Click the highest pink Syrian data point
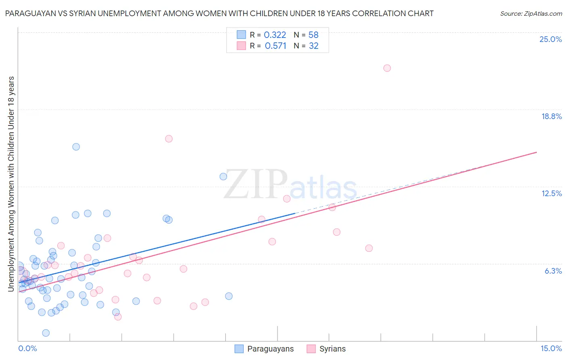click(387, 68)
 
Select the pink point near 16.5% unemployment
click(169, 138)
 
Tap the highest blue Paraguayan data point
click(76, 147)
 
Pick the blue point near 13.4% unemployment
click(223, 176)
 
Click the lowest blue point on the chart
click(46, 333)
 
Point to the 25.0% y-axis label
click(550, 39)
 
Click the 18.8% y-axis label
click(551, 116)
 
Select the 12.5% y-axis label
click(551, 193)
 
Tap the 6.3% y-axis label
click(553, 271)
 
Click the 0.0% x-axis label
click(27, 348)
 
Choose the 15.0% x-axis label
click(551, 348)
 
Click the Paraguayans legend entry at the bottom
click(265, 349)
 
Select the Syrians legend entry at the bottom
click(326, 349)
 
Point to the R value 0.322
click(275, 35)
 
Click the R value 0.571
click(275, 46)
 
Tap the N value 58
click(313, 35)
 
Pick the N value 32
click(313, 46)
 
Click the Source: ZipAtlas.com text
click(531, 14)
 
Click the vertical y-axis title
click(11, 184)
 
